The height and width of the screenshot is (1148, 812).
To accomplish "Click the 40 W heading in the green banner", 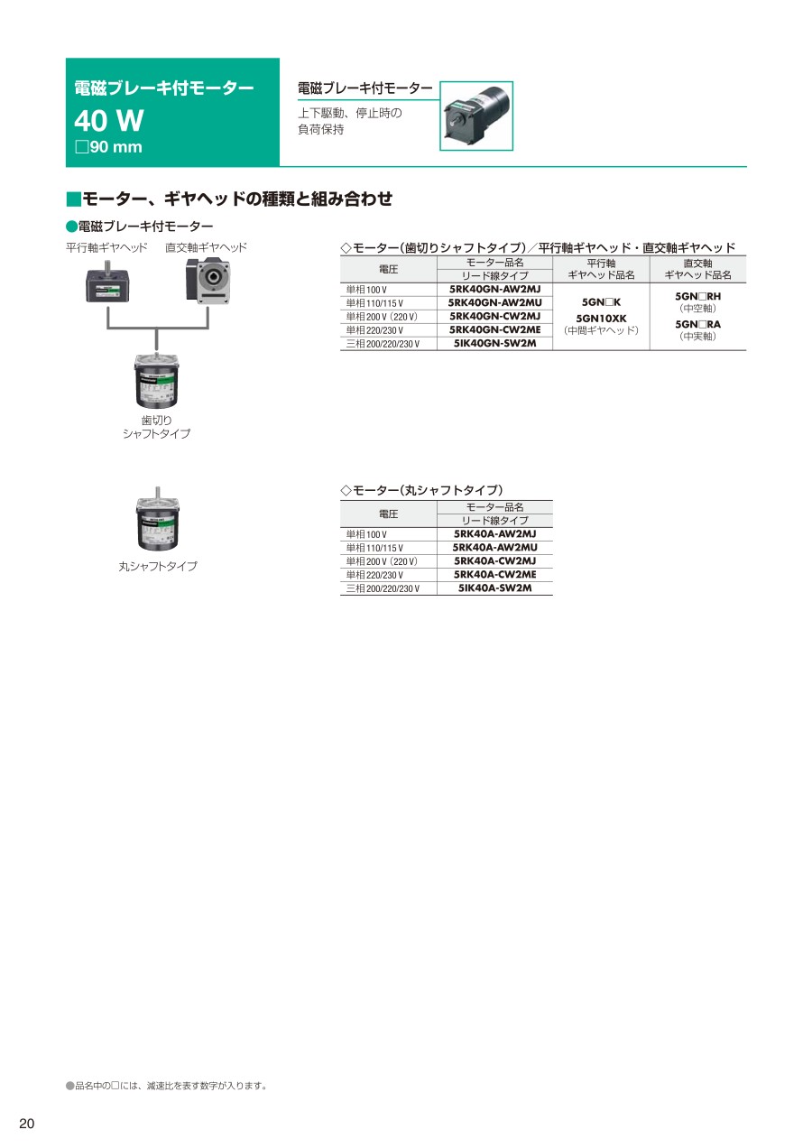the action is point(108,121).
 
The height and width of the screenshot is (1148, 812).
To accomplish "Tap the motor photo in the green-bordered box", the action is point(476,116).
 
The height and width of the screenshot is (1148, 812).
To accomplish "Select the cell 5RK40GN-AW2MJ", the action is point(494,289).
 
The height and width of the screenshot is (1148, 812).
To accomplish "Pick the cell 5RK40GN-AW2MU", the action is point(494,303).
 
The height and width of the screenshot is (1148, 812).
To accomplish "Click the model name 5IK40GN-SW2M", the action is point(494,343).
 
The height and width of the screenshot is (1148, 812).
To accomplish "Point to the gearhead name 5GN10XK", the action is point(601,319).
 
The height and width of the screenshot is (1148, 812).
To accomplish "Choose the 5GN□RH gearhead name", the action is point(697,296).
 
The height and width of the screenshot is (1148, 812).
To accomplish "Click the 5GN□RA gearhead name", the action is point(697,324).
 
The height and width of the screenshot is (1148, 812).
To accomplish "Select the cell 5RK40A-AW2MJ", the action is point(494,533).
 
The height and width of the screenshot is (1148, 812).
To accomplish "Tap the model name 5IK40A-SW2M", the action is point(494,588).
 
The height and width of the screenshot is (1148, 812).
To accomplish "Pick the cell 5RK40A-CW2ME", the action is point(494,575).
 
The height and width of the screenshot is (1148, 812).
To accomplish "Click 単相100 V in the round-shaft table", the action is point(366,534).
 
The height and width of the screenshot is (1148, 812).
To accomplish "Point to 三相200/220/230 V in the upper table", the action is point(383,344).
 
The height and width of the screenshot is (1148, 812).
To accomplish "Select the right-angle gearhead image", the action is point(208,281).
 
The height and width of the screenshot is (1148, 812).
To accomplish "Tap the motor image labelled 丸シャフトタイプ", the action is point(157,519).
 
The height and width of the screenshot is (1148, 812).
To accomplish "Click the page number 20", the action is point(27,1124).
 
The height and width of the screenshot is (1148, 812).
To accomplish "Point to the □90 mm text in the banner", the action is point(108,147).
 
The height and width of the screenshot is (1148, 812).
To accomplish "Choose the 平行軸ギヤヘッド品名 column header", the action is point(601,269).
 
